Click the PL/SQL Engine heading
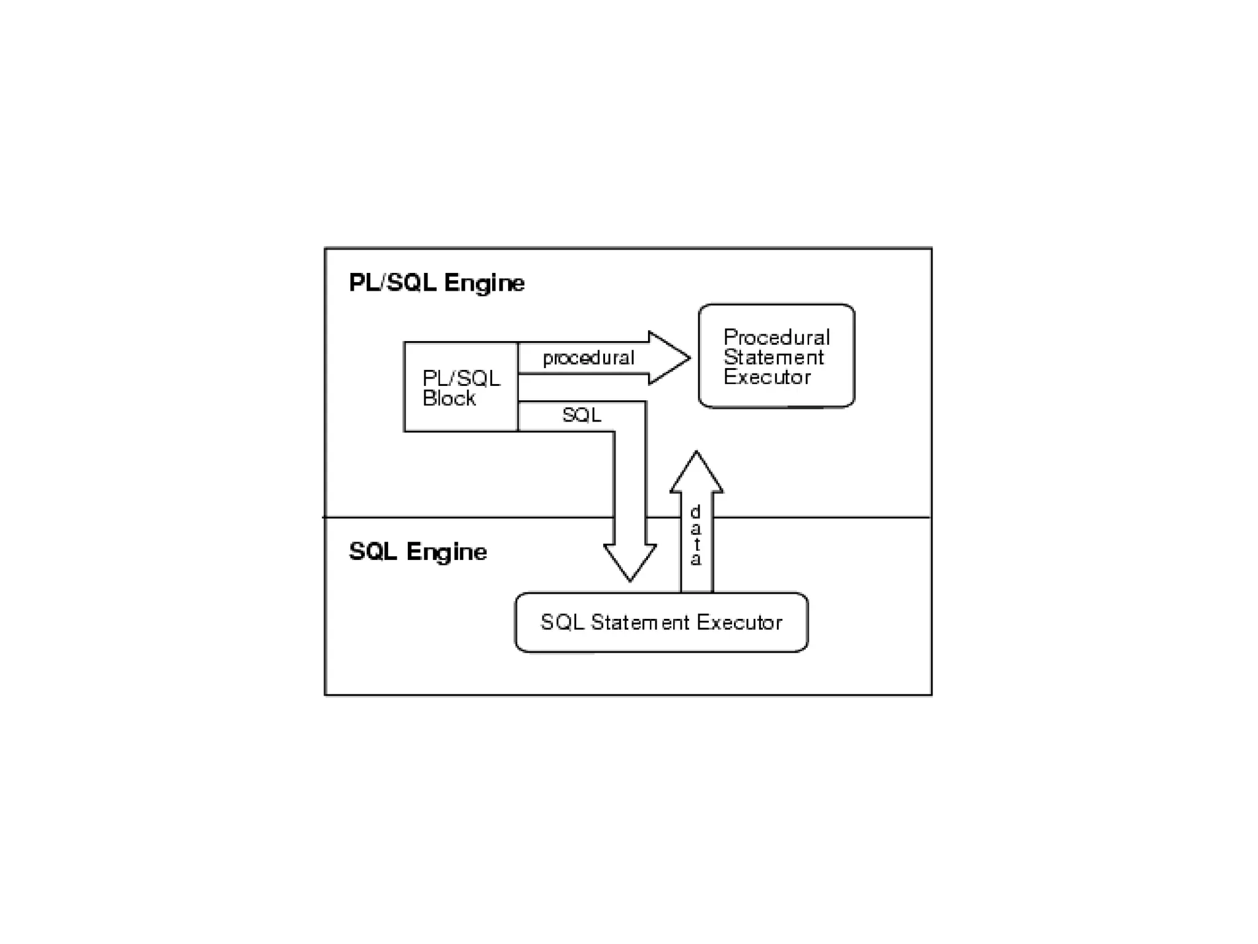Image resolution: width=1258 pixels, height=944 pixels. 437,283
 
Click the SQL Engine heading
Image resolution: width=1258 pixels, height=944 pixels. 418,551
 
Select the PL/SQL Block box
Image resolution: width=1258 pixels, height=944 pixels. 461,387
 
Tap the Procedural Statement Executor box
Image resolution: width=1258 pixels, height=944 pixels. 776,356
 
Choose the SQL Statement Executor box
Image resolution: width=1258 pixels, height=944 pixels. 661,623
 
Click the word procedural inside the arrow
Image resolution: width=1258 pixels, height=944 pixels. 588,358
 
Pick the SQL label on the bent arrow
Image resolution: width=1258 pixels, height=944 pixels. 581,415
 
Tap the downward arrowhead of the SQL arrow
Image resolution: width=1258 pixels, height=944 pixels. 630,562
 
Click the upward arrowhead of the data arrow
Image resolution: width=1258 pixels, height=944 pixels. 696,473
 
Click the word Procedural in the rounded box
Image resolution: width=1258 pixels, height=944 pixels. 776,337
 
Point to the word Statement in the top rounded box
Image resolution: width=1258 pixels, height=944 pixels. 773,357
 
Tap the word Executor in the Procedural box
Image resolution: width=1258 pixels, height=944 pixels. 767,377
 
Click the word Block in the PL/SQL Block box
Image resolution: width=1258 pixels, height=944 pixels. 449,398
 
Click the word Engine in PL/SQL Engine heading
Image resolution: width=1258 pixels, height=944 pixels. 485,283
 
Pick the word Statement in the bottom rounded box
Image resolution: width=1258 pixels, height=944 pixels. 640,623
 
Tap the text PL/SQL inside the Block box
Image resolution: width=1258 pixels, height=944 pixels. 461,378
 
